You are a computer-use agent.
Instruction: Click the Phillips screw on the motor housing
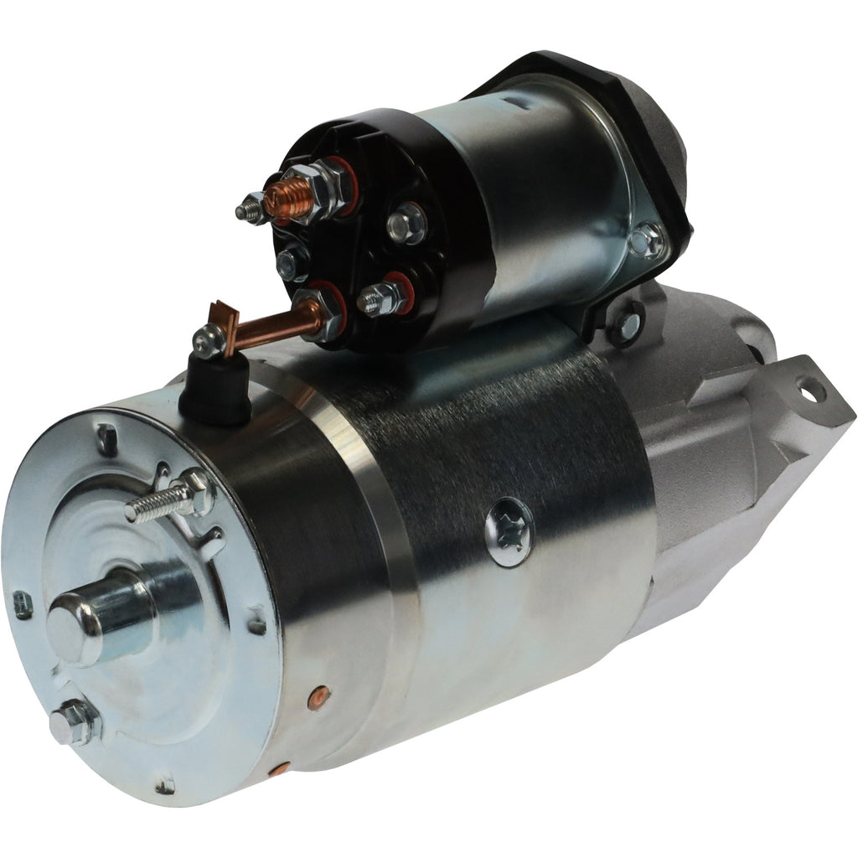click(x=509, y=531)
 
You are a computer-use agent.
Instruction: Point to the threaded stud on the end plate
click(x=159, y=504)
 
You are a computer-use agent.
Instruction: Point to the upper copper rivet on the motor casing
click(x=321, y=695)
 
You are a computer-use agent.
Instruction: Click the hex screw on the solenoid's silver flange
click(x=646, y=241)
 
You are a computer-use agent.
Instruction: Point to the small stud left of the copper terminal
click(x=251, y=209)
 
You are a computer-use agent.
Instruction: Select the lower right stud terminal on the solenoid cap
click(x=384, y=297)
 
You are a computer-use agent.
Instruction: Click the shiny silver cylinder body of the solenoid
click(x=536, y=193)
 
